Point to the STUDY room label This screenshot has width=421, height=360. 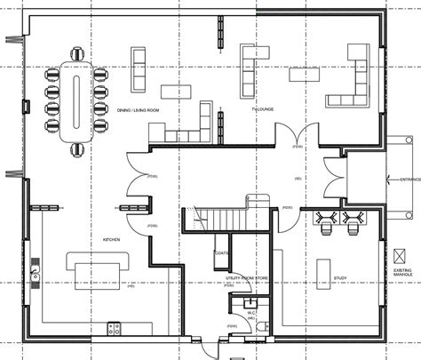[340, 277]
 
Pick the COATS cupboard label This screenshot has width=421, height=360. [221, 253]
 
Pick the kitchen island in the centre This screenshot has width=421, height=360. [94, 270]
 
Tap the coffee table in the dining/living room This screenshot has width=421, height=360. [176, 91]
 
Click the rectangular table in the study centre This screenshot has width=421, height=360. [322, 270]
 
